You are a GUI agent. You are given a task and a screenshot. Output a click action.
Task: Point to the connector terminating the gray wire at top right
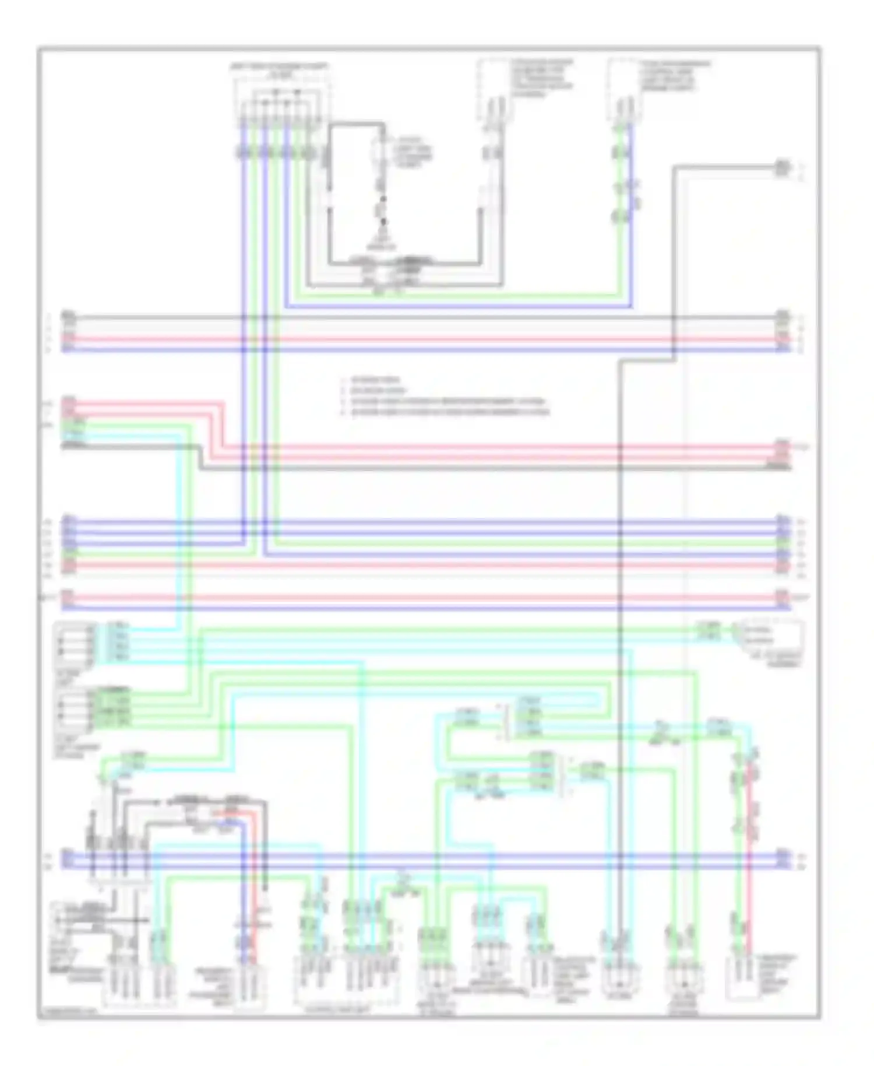pyautogui.click(x=783, y=168)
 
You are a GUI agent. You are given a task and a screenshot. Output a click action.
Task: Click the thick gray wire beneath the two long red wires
pyautogui.click(x=466, y=468)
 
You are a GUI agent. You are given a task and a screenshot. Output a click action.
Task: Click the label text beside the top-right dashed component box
pyautogui.click(x=676, y=76)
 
